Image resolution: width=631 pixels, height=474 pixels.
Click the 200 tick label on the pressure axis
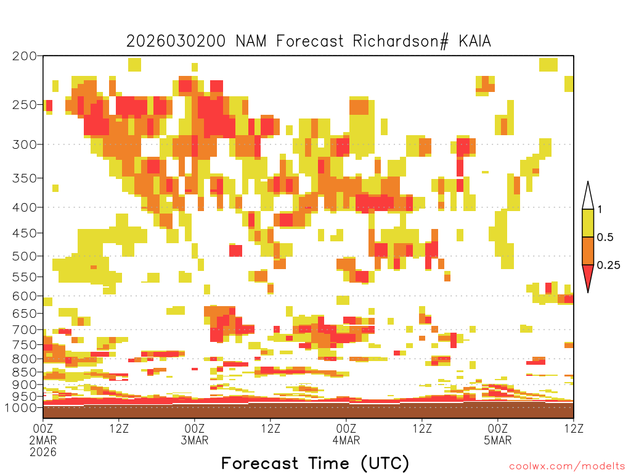point(24,56)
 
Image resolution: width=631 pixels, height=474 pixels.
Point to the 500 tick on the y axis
point(24,256)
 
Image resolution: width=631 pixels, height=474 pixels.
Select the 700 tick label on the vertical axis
point(24,330)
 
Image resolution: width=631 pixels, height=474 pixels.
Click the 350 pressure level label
point(24,178)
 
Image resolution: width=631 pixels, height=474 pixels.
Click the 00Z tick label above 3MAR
point(195,428)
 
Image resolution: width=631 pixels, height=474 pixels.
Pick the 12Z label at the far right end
point(574,428)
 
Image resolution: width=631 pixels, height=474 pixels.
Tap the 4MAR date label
point(346,441)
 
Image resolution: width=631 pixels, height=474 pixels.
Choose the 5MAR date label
point(498,441)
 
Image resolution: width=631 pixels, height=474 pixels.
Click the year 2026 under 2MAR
point(43,452)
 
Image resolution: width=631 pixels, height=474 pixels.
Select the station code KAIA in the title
point(475,41)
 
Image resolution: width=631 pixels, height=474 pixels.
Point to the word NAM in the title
point(251,41)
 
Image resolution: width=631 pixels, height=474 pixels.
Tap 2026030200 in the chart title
point(176,41)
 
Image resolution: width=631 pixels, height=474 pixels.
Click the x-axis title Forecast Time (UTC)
point(315,463)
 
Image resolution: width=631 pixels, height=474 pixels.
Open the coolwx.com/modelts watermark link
point(567,467)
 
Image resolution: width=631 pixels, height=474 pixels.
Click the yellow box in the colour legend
point(588,223)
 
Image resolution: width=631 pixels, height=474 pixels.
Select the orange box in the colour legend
point(588,251)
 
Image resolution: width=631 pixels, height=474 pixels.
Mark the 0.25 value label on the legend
point(608,265)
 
